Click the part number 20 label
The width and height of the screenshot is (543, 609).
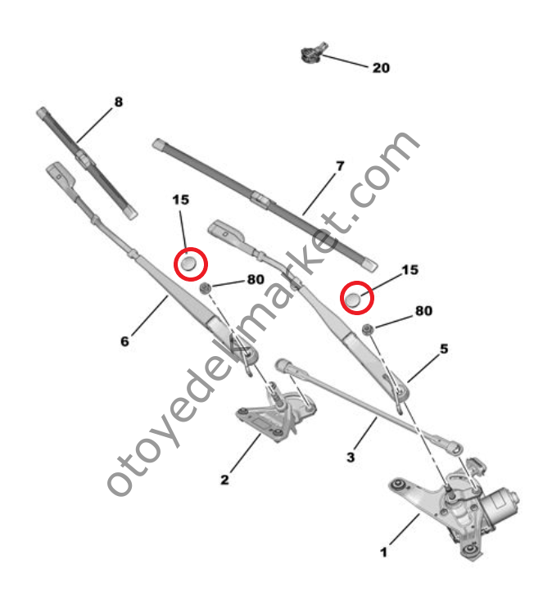pos(381,68)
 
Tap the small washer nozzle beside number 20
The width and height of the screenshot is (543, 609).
pos(312,56)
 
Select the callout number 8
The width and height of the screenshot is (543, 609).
pos(118,102)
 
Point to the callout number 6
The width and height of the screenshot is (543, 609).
pos(124,341)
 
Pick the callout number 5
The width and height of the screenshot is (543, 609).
pos(444,349)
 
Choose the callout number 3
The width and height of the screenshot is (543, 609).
pos(351,458)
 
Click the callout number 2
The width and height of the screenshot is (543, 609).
pos(224,480)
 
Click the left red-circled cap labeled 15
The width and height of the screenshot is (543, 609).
pos(190,264)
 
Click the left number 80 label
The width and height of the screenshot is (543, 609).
pos(255,279)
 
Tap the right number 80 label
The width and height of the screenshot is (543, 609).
pos(423,311)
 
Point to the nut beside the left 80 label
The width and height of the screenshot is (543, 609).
pos(208,286)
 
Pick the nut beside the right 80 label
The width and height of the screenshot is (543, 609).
pos(369,328)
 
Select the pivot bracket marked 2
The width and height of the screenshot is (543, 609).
pos(266,413)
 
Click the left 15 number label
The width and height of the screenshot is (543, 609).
pos(181,199)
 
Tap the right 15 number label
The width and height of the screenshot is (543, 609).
pos(409,269)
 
